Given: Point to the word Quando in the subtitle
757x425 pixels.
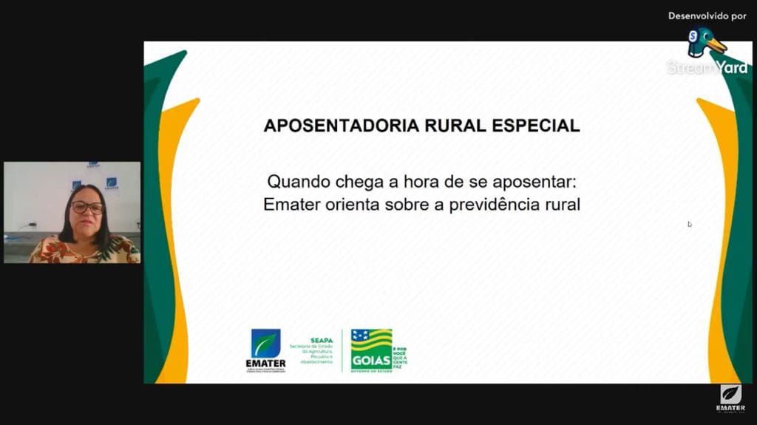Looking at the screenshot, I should coord(296,181).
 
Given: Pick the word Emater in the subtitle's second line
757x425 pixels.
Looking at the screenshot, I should coord(291,205).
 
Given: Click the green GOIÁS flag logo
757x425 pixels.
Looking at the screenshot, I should coord(372,348).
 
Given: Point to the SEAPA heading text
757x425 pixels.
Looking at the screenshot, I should coord(322,341).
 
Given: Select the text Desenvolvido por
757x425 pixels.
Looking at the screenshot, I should coord(707,16).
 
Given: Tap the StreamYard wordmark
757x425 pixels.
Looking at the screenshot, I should coord(707,67).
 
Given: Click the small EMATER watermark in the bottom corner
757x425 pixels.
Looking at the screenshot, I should coord(730,398).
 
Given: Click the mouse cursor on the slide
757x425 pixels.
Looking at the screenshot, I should coord(690,224).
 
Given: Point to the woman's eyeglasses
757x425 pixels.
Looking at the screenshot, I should coord(86,208).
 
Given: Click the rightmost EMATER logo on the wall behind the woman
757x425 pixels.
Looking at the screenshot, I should coord(112,183).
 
